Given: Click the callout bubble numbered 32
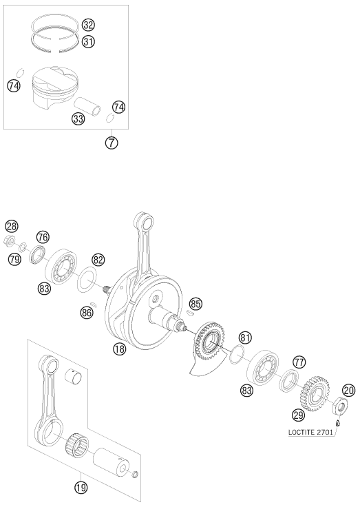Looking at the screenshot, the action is (x=88, y=25).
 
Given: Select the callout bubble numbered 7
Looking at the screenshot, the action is (x=112, y=143).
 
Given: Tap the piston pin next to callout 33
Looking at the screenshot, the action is (x=87, y=105).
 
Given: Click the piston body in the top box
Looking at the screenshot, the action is (x=56, y=87).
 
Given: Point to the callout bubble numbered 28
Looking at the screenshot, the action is (x=12, y=227).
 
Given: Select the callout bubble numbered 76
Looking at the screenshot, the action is (x=43, y=237).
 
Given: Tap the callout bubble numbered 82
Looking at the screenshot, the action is (x=98, y=260).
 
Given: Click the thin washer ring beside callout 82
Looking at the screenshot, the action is (x=87, y=279).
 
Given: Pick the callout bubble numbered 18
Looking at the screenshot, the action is (x=119, y=349).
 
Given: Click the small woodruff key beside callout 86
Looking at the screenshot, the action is (x=94, y=304).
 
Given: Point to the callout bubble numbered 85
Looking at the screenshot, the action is (x=195, y=304).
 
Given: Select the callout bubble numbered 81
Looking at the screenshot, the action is (x=245, y=338).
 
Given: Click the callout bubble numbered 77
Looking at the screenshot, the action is (x=299, y=362).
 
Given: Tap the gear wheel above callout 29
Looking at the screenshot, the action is (x=313, y=393).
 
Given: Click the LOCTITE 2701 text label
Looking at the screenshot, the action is (x=310, y=432).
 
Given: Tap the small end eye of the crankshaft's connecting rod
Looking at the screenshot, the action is (x=146, y=222).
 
